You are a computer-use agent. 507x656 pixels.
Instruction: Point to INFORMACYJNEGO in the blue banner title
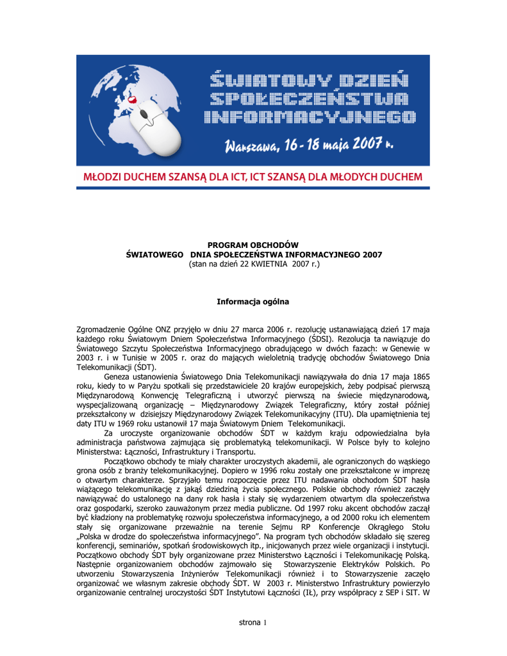(x=310, y=117)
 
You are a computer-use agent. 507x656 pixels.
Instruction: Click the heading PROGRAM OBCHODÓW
(x=253, y=245)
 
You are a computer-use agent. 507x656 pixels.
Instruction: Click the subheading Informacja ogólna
(x=253, y=300)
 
